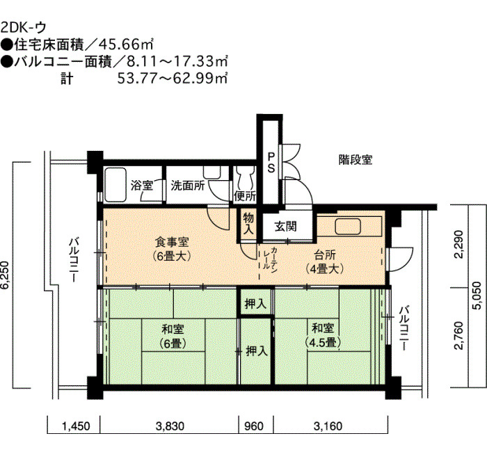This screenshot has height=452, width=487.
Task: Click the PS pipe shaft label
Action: (x=271, y=162)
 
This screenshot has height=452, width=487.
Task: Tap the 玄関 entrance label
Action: (x=285, y=226)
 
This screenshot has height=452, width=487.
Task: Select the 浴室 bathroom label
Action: (x=142, y=186)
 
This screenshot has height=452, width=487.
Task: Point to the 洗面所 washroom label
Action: (x=188, y=186)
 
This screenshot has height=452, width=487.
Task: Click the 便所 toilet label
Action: (x=245, y=196)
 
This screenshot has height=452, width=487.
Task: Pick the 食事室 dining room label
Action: (x=172, y=249)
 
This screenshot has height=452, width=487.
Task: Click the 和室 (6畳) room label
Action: (x=173, y=336)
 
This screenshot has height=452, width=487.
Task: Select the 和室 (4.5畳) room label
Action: (x=323, y=335)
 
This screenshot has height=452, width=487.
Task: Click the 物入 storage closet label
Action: (x=248, y=223)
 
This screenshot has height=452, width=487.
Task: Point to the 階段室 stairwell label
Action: (x=356, y=159)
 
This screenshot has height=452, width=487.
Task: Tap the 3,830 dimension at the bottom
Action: (x=170, y=426)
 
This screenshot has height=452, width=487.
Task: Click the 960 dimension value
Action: (x=254, y=426)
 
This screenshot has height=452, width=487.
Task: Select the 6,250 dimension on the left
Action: (x=6, y=275)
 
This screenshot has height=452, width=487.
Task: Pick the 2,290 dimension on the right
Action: (x=458, y=244)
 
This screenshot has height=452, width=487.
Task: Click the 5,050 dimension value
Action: (x=476, y=296)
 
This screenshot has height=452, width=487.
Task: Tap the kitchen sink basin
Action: (x=348, y=227)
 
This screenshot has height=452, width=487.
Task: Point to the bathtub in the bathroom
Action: (x=115, y=186)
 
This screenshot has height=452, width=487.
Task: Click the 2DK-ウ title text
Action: (x=23, y=28)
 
